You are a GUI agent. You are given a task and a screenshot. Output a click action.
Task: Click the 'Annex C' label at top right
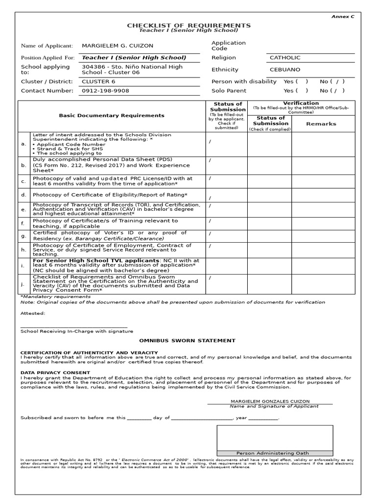[x=342, y=16]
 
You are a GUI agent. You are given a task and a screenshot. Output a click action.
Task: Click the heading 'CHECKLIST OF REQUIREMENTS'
[x=188, y=25]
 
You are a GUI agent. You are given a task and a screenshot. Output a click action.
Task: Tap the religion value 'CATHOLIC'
[x=285, y=58]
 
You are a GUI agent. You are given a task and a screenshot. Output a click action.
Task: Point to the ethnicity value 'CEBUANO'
[x=285, y=70]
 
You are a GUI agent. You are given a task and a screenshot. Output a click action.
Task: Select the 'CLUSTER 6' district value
[x=98, y=81]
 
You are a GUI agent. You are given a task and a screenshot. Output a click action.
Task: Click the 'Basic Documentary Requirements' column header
[x=112, y=116]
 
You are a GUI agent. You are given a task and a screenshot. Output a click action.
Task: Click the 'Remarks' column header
[x=321, y=124]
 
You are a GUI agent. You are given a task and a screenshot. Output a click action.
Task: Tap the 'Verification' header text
[x=301, y=103]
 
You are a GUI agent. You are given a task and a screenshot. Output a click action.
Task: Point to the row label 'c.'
[x=23, y=181]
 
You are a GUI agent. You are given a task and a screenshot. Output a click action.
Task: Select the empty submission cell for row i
[x=226, y=266]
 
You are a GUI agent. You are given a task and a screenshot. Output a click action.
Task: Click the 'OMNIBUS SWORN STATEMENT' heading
[x=188, y=340]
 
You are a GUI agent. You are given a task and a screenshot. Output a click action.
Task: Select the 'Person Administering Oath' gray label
[x=272, y=452]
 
